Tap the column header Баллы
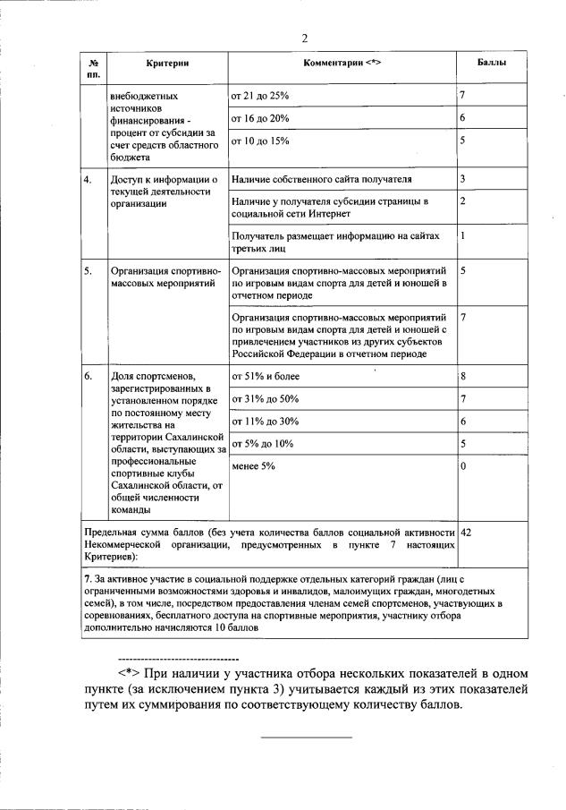tap(492, 63)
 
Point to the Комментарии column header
tap(342, 63)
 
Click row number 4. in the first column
tap(88, 180)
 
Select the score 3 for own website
tap(463, 180)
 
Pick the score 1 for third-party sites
tap(463, 235)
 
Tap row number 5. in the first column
tap(88, 269)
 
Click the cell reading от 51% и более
tap(266, 376)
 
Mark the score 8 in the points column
tap(463, 376)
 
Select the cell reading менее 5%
tap(253, 466)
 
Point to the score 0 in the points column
tap(463, 466)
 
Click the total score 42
tap(466, 532)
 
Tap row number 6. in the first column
tap(88, 376)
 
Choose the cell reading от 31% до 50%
tap(265, 398)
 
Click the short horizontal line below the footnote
tap(306, 737)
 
